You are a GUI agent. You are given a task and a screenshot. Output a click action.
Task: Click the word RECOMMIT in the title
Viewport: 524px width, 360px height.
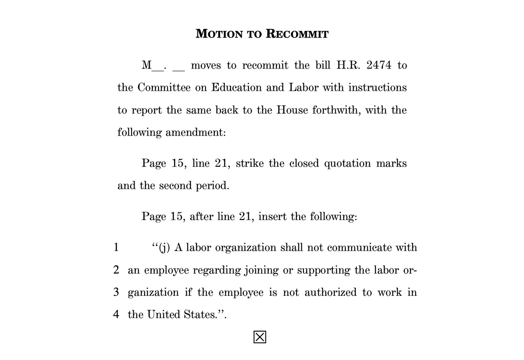(297, 34)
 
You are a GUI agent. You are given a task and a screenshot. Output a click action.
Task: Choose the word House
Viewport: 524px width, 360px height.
(291, 110)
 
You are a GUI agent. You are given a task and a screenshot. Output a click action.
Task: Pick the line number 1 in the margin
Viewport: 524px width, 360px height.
(115, 248)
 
